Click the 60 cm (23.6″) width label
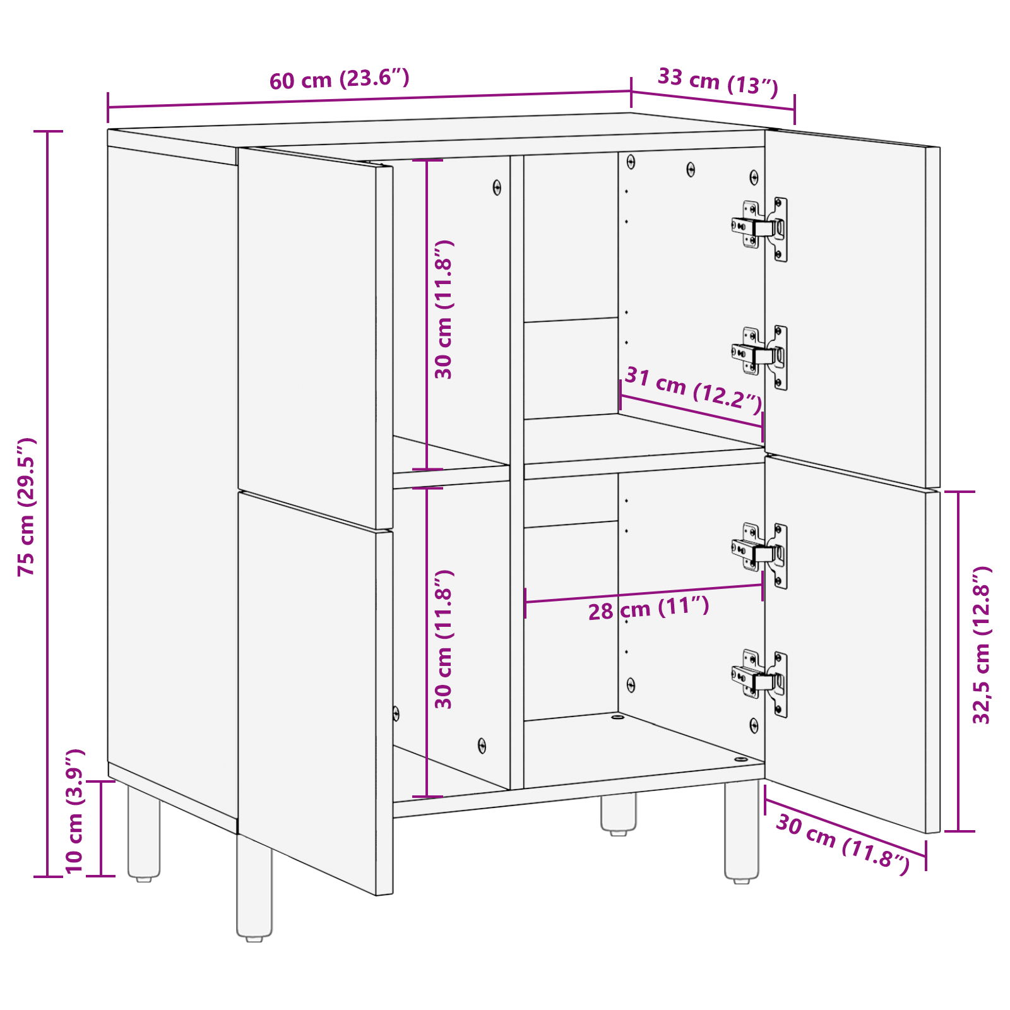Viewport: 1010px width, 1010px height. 340,80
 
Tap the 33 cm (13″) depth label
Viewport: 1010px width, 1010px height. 718,81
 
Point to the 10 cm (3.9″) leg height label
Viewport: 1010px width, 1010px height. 74,811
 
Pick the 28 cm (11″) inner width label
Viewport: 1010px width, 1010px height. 649,609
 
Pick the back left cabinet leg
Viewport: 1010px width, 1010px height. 144,833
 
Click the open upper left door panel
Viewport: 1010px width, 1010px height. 309,335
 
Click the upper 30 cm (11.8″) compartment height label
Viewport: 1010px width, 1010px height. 444,309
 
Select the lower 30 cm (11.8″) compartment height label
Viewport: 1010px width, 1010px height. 444,639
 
